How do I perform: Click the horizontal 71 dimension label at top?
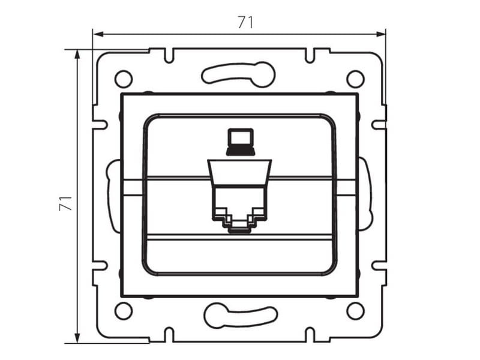(245, 22)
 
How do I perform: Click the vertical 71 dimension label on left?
(66, 203)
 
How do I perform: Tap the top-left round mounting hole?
(124, 79)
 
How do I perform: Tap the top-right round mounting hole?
(355, 79)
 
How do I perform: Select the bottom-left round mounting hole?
(124, 311)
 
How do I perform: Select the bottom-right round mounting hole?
(355, 311)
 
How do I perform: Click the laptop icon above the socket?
(241, 142)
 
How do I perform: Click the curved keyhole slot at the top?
(238, 74)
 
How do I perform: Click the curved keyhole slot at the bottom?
(241, 316)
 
